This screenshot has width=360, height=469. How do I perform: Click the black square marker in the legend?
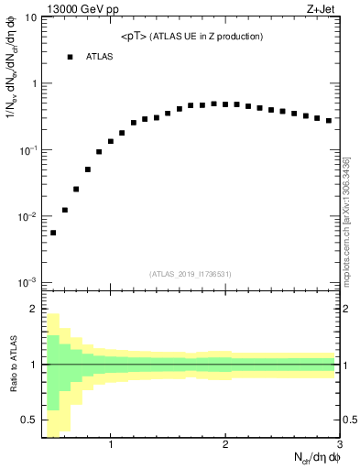coord(70,57)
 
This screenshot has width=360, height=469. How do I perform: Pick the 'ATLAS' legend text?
coord(100,57)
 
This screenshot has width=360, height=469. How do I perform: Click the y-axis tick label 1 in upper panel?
coord(33,84)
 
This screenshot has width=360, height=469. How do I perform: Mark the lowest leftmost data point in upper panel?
coord(53,233)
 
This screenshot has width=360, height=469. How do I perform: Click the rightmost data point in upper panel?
coord(329,120)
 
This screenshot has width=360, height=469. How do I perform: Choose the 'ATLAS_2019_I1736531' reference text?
coord(191,273)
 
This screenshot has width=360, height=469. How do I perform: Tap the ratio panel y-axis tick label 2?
coord(33,309)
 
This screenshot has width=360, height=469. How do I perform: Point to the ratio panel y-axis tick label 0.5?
coord(29,420)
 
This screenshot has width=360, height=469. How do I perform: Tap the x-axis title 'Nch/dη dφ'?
coord(311,459)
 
